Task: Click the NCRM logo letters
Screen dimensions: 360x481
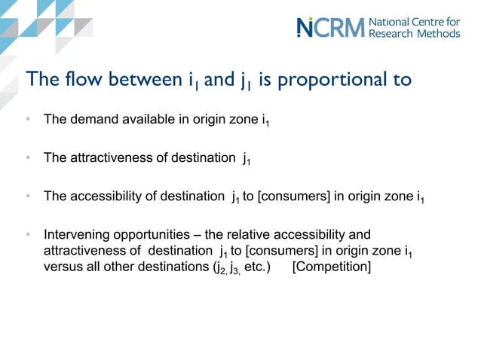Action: click(x=330, y=27)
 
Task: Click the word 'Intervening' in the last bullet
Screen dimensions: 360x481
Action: click(x=74, y=235)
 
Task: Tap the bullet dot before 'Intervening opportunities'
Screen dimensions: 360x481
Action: click(x=27, y=235)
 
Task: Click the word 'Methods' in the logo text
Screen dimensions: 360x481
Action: click(x=440, y=34)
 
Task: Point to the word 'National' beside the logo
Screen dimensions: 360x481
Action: click(x=390, y=21)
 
